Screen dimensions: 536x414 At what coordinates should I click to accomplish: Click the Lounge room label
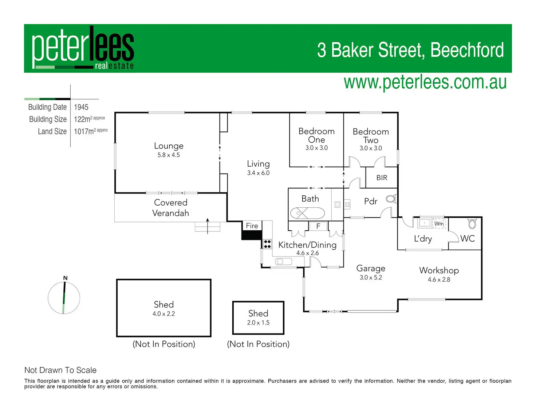pyautogui.click(x=169, y=146)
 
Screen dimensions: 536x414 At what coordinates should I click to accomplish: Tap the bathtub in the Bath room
pyautogui.click(x=307, y=213)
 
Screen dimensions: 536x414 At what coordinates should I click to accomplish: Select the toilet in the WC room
pyautogui.click(x=472, y=223)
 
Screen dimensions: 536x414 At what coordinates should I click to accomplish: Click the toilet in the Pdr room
pyautogui.click(x=391, y=199)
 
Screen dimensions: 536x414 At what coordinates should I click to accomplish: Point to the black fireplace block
pyautogui.click(x=252, y=235)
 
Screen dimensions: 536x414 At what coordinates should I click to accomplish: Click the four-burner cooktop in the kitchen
pyautogui.click(x=267, y=244)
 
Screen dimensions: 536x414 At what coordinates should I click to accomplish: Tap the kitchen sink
pyautogui.click(x=284, y=261)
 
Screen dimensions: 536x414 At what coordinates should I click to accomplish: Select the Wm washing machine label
pyautogui.click(x=439, y=223)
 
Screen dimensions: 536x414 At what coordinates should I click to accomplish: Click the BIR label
pyautogui.click(x=382, y=178)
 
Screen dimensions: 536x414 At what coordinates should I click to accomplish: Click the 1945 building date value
pyautogui.click(x=81, y=107)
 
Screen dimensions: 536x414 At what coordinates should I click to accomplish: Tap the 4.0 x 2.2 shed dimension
pyautogui.click(x=164, y=314)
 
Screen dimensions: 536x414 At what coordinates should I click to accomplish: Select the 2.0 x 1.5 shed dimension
pyautogui.click(x=258, y=323)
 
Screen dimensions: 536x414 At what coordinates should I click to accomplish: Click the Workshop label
pyautogui.click(x=439, y=270)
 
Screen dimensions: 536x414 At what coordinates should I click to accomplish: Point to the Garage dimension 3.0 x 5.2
pyautogui.click(x=371, y=278)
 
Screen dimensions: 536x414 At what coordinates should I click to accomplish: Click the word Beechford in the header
pyautogui.click(x=467, y=50)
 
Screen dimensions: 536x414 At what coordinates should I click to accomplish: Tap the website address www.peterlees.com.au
pyautogui.click(x=425, y=82)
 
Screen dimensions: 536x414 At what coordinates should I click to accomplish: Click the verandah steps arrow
pyautogui.click(x=208, y=226)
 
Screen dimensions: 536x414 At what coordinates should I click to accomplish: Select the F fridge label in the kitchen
pyautogui.click(x=318, y=226)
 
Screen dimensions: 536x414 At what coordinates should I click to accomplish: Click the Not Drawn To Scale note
pyautogui.click(x=60, y=370)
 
